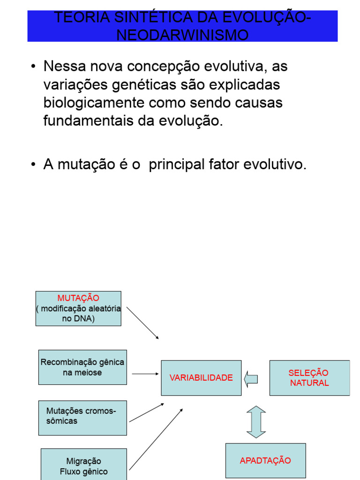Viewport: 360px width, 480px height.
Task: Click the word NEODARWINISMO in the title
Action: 182,35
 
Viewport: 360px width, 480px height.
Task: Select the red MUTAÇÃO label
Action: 78,298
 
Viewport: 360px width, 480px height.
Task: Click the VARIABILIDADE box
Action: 201,378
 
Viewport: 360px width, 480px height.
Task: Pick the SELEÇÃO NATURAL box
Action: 309,378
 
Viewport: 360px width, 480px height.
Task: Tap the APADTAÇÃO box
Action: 265,461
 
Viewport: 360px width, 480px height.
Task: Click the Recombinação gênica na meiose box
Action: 82,367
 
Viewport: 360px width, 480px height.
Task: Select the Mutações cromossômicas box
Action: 82,417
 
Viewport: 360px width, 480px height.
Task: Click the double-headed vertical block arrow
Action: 256,422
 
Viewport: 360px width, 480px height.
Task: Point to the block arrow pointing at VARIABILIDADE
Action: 251,378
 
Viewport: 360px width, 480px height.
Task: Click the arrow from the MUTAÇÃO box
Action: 143,322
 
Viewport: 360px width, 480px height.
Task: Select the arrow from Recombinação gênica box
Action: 145,374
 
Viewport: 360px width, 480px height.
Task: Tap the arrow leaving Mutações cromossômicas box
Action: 146,412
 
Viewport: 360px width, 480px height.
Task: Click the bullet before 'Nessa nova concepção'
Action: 33,67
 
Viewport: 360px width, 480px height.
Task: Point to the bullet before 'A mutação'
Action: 33,165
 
